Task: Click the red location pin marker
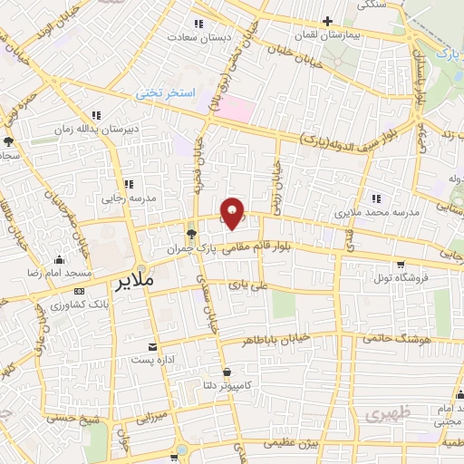234,212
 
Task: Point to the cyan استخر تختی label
161,92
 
